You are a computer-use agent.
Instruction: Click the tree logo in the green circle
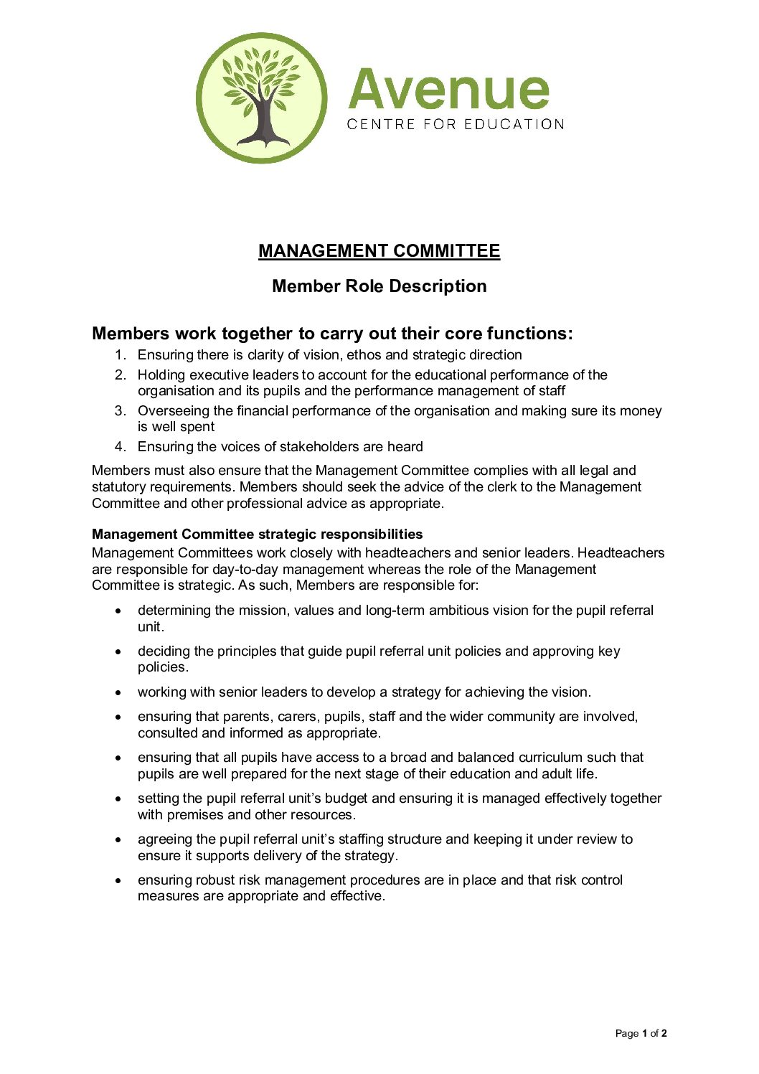(261, 98)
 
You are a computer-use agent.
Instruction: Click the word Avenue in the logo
(449, 90)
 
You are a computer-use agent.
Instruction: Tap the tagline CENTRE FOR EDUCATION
(456, 124)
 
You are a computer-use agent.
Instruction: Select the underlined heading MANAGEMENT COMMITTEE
(379, 251)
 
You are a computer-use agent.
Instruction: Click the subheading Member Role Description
(379, 286)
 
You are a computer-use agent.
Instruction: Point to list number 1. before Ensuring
(120, 355)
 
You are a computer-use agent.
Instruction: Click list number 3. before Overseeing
(120, 411)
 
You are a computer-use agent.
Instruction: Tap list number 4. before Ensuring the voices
(120, 447)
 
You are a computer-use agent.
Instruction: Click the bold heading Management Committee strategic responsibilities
(257, 534)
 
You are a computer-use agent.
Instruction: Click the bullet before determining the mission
(118, 611)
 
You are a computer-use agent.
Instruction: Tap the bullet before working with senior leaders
(118, 693)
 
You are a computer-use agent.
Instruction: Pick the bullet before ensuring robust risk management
(118, 881)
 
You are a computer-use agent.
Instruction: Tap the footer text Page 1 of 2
(641, 1034)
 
